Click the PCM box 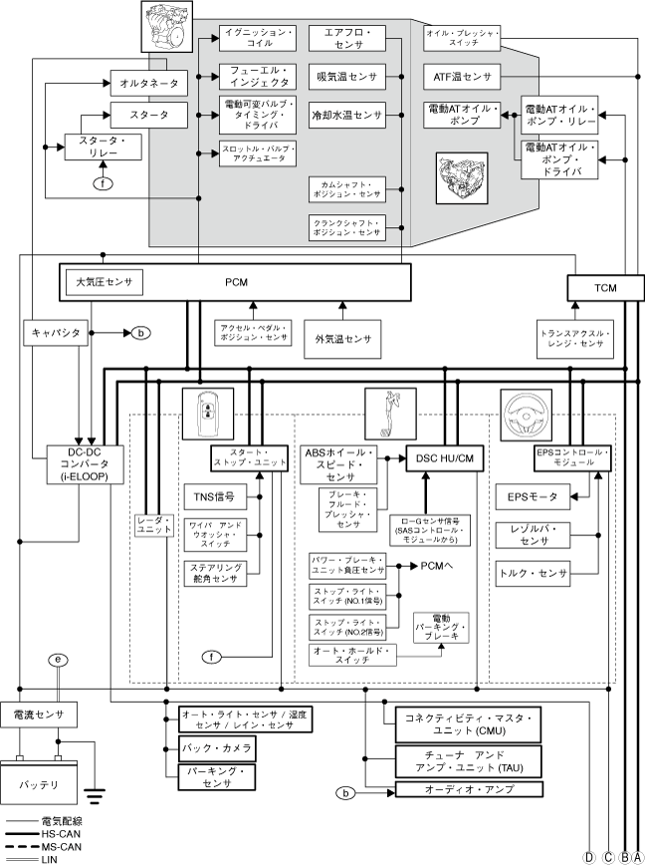[x=235, y=282]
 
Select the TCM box [x=604, y=287]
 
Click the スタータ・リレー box [x=103, y=148]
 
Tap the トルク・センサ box [x=534, y=573]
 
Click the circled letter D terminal [x=589, y=856]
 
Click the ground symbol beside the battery [x=95, y=794]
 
